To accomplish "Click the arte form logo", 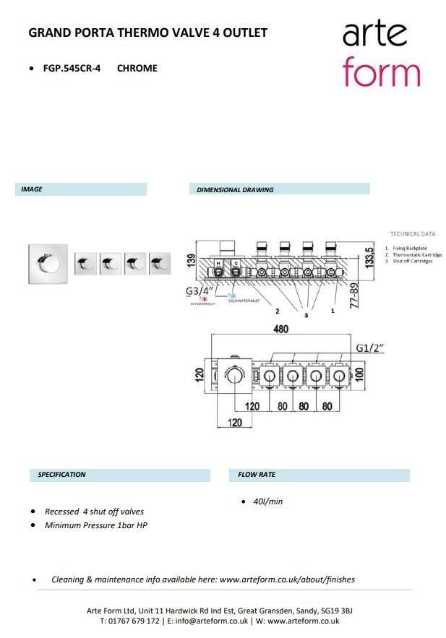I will point(380,53).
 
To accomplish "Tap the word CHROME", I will point(137,68).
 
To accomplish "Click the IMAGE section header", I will point(32,189).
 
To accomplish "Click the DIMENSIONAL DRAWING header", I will point(235,190).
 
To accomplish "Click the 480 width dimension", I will point(280,329).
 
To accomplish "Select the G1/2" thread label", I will point(370,348).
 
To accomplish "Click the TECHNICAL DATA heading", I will point(413,234).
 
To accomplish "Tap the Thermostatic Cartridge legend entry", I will point(416,255).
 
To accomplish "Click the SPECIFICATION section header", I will point(61,475).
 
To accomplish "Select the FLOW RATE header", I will point(257,475).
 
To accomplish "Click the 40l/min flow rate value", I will point(267,501).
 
